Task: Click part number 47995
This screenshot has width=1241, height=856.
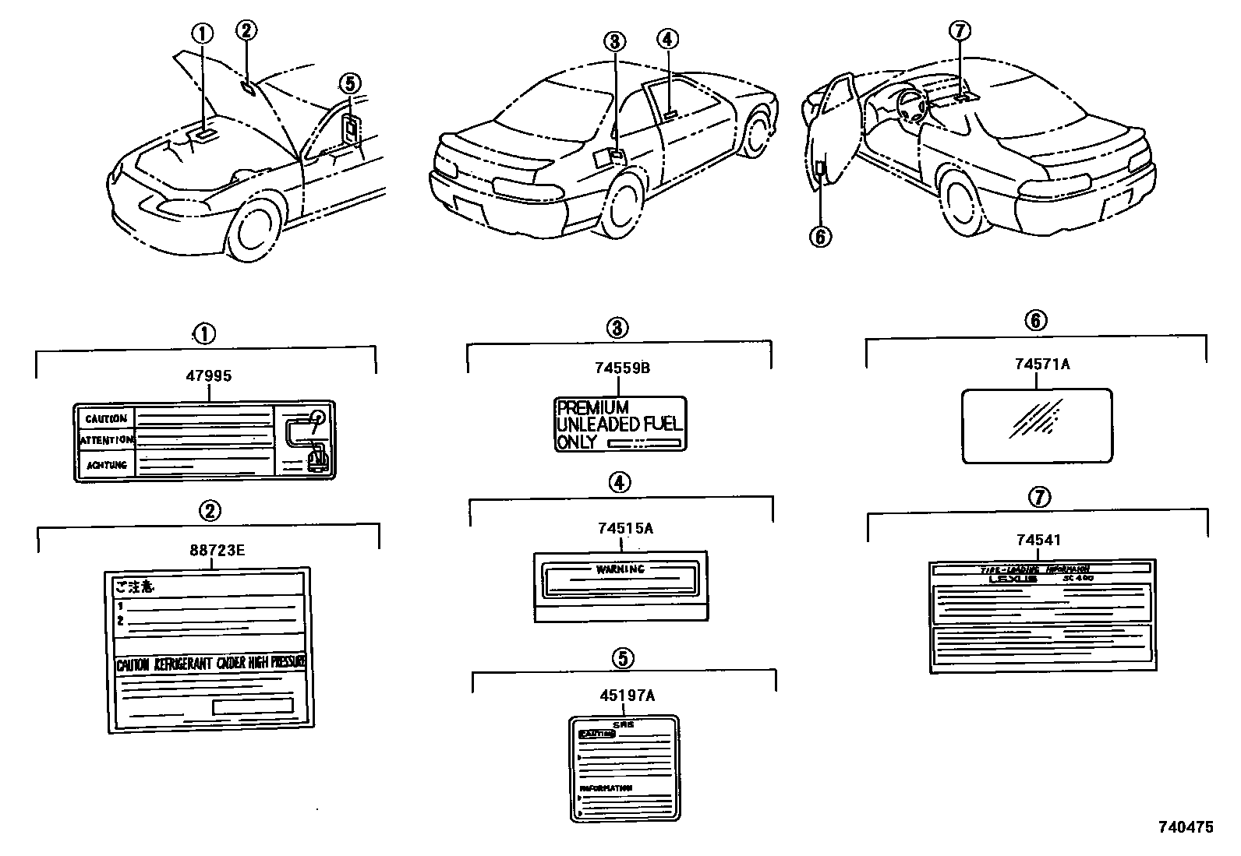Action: pos(209,376)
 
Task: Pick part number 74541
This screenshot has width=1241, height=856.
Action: pos(1038,540)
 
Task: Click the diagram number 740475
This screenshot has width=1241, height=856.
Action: pos(1185,827)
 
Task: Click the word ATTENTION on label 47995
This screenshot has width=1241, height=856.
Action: pos(107,441)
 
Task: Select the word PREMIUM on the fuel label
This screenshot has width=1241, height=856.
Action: pos(592,407)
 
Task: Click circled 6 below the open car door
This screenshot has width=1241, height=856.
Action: pos(820,236)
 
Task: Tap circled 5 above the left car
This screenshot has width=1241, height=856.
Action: pos(350,83)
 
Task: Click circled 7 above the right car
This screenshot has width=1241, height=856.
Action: pos(960,31)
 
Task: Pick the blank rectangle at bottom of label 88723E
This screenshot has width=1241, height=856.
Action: pos(253,706)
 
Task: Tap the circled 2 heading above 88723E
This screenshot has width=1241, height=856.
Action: pos(210,511)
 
